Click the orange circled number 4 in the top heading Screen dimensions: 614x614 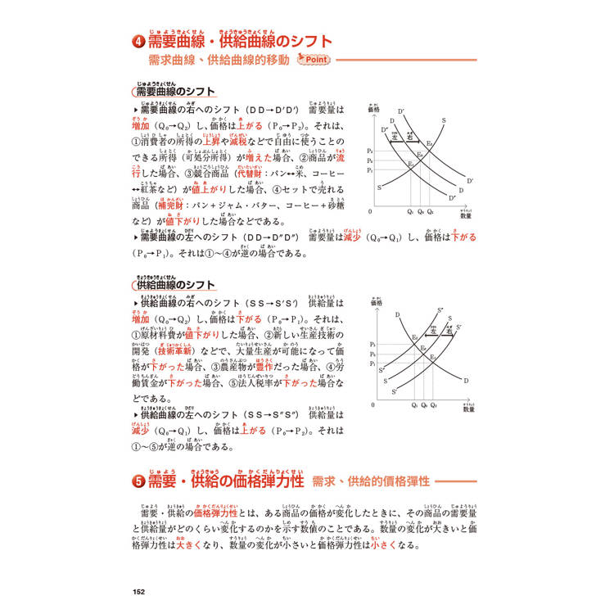click(138, 43)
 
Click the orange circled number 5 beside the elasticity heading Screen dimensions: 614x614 click(138, 482)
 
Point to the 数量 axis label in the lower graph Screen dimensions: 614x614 click(467, 409)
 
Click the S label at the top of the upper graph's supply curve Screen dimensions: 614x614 click(443, 120)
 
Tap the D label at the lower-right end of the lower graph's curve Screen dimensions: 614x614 click(465, 381)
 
